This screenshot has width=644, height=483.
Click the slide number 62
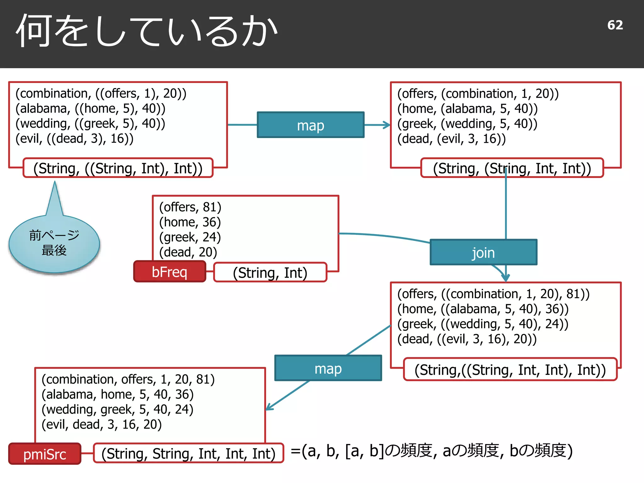pyautogui.click(x=615, y=25)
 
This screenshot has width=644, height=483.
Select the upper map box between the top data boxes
pyautogui.click(x=310, y=125)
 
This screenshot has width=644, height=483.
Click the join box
pyautogui.click(x=483, y=253)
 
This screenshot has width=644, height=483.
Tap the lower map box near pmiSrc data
pyautogui.click(x=328, y=368)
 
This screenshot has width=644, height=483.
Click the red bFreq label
pyautogui.click(x=169, y=272)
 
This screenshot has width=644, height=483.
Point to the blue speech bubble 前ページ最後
pyautogui.click(x=54, y=243)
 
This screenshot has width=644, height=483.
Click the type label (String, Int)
pyautogui.click(x=270, y=272)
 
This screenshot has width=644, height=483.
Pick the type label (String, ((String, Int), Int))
pyautogui.click(x=118, y=168)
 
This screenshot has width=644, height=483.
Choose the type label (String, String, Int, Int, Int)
pyautogui.click(x=188, y=453)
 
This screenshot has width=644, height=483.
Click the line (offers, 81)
pyautogui.click(x=190, y=207)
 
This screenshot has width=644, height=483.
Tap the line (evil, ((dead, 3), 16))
pyautogui.click(x=75, y=138)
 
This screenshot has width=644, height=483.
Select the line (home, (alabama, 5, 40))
pyautogui.click(x=467, y=108)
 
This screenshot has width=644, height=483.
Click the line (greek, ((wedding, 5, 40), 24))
pyautogui.click(x=483, y=324)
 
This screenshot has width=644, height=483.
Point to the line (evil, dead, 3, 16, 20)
pyautogui.click(x=102, y=424)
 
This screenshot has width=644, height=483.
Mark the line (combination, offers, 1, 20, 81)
pyautogui.click(x=128, y=379)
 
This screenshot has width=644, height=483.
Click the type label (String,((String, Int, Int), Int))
pyautogui.click(x=510, y=369)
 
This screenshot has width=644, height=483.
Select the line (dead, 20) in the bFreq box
pyautogui.click(x=188, y=252)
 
